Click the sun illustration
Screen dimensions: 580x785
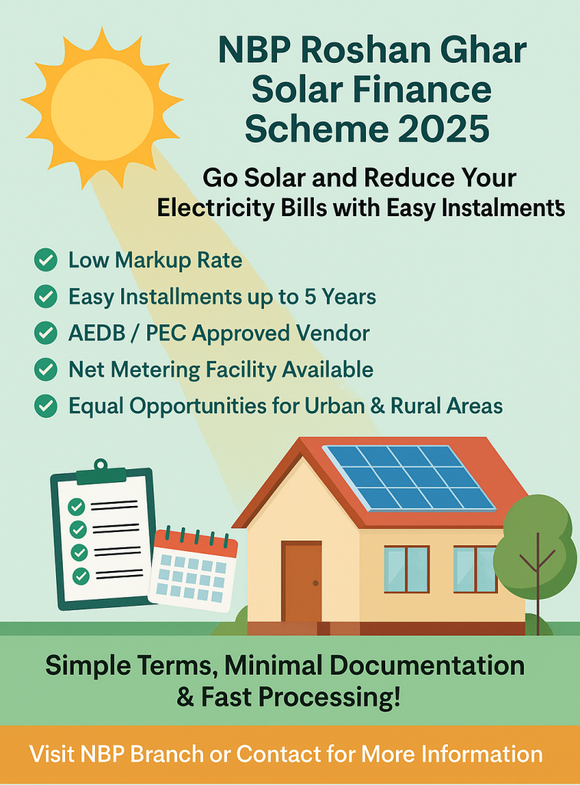click(x=102, y=108)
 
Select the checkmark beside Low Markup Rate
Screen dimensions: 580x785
click(x=45, y=261)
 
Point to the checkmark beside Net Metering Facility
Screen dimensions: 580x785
click(x=45, y=370)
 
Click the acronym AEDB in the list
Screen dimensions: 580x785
click(x=97, y=333)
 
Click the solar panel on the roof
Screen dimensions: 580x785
click(x=409, y=478)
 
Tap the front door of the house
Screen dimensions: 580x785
click(x=302, y=582)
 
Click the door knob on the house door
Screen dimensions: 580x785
click(x=315, y=583)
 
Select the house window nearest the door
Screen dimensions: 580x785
click(x=407, y=570)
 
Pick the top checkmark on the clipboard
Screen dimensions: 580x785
click(x=76, y=507)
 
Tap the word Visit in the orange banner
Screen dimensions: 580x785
click(x=52, y=754)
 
